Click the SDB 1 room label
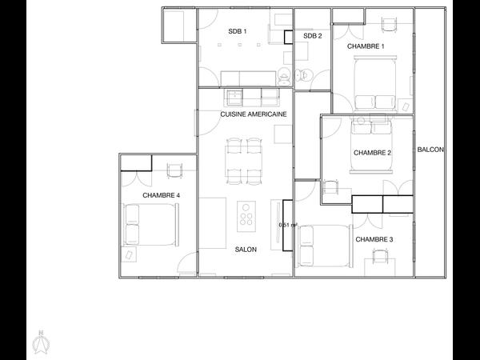(238, 31)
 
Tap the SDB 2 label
(313, 36)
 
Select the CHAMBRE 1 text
(366, 46)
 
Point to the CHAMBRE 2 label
(372, 153)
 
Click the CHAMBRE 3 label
(374, 239)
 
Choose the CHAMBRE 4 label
(161, 195)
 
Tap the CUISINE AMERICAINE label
(254, 114)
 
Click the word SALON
(246, 250)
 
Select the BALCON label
(430, 150)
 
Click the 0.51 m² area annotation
(288, 225)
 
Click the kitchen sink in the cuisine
(234, 97)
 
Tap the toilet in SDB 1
(284, 75)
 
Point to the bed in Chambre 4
(150, 224)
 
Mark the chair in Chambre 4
(175, 170)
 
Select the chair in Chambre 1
(389, 25)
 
